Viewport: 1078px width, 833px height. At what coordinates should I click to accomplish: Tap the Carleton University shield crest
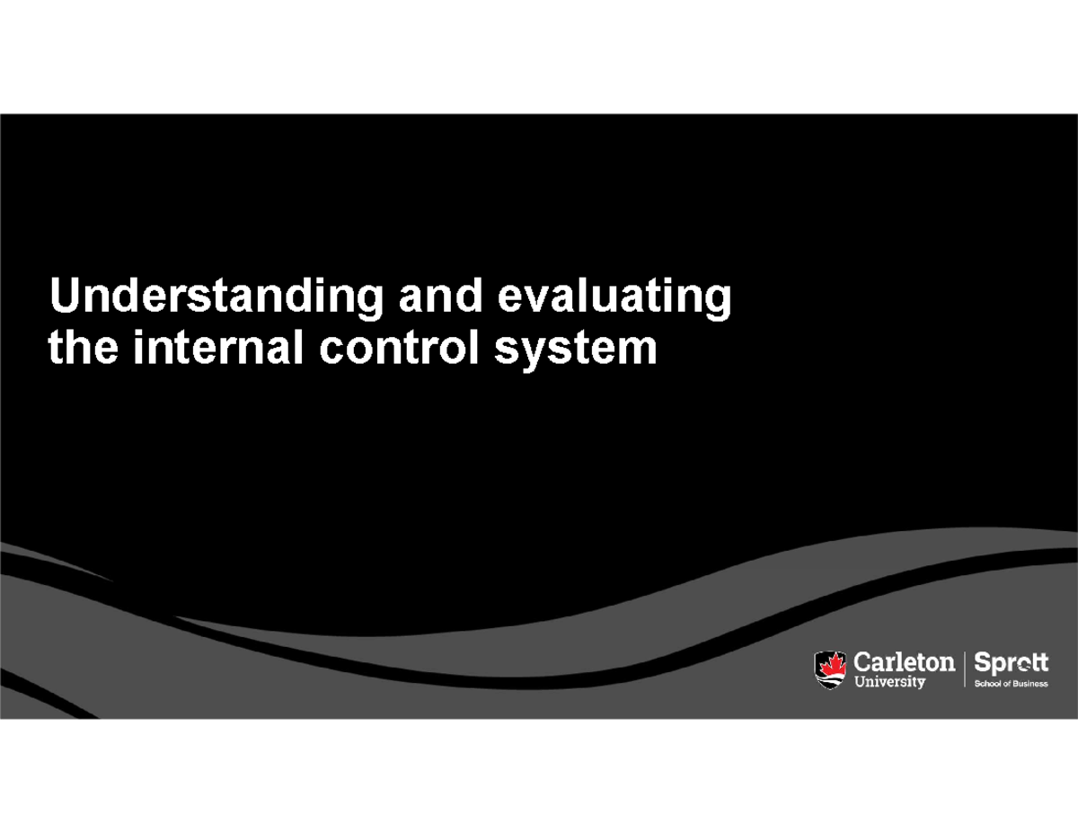[x=830, y=670]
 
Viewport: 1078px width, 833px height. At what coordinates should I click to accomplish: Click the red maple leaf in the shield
[x=830, y=664]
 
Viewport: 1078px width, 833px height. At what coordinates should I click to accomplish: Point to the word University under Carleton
[x=888, y=683]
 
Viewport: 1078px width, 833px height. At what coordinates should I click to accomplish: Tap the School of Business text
[x=1011, y=683]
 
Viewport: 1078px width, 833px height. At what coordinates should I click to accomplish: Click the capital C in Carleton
[x=861, y=663]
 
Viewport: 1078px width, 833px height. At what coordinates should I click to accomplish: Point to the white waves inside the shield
[x=830, y=679]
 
